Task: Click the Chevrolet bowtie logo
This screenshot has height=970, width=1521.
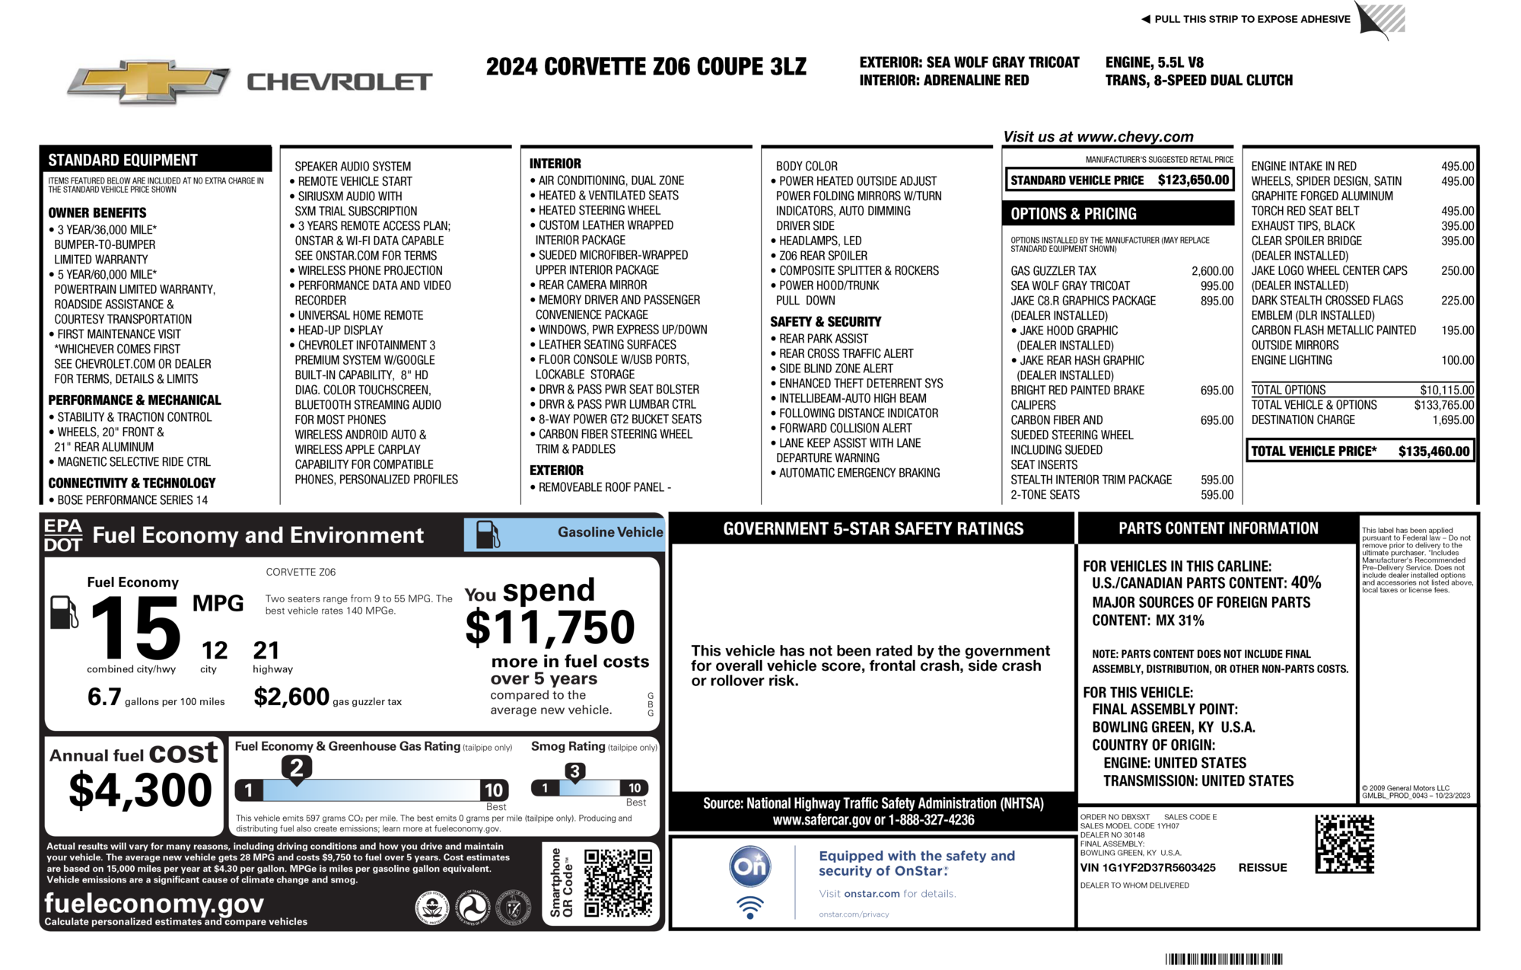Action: coord(148,81)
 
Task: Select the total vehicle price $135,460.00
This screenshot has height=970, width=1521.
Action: coord(1433,451)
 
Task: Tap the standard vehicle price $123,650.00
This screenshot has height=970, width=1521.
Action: coord(1193,180)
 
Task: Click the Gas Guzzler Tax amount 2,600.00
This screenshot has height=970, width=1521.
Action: coord(1212,271)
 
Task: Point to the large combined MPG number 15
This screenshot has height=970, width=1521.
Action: coord(135,629)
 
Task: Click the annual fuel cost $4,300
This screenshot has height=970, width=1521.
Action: coord(140,790)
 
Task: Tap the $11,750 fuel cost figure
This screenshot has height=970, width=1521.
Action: coord(549,627)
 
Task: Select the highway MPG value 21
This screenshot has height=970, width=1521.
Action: coord(266,651)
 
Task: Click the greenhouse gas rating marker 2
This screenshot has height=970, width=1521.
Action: coord(297,767)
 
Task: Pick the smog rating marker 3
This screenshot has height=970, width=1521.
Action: coord(575,771)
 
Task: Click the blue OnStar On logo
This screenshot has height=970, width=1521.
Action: coord(750,866)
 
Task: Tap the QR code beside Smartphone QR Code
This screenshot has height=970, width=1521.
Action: coord(618,883)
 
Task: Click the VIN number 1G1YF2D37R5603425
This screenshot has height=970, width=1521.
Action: coord(1147,868)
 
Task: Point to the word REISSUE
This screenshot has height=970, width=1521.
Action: coord(1262,868)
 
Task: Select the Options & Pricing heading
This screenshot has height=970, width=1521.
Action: coord(1073,214)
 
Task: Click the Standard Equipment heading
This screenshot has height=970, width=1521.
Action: coord(123,160)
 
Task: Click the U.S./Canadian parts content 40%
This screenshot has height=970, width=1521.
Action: coord(1306,583)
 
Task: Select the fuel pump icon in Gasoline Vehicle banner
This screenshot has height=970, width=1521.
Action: coord(488,534)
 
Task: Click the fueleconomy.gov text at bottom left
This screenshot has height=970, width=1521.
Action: coord(154,904)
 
